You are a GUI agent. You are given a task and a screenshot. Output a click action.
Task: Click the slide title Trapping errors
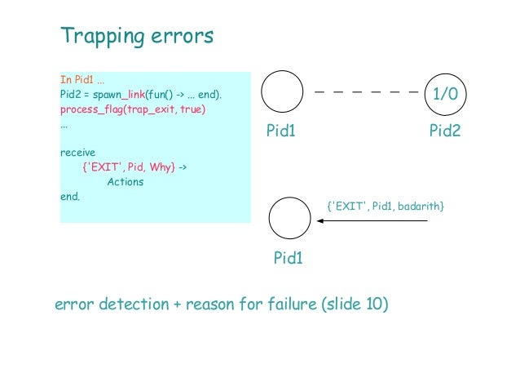pos(137,36)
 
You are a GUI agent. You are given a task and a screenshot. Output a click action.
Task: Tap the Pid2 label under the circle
pos(445,131)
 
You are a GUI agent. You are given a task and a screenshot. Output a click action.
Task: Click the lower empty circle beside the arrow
pos(289,218)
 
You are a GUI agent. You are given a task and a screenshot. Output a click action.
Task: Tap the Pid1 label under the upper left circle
pos(280,131)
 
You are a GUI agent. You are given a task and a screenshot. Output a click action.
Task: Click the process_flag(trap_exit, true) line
pos(132,109)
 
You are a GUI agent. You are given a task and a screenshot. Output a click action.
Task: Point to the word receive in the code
pos(78,153)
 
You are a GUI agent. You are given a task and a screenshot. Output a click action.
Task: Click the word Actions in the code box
pos(125,182)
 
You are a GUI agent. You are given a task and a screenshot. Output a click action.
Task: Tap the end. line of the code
pos(70,197)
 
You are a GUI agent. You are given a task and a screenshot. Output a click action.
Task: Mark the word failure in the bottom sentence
pos(289,305)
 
